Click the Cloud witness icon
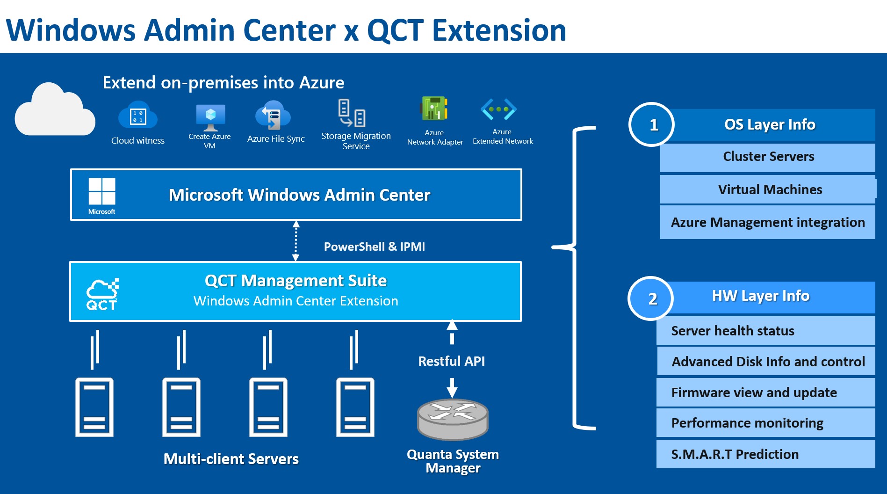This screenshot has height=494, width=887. pos(137,115)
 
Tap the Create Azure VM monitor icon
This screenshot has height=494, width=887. pos(210,117)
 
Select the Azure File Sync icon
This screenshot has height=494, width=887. pos(273,115)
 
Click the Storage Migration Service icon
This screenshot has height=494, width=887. pos(352,113)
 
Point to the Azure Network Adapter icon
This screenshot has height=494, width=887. pos(434,109)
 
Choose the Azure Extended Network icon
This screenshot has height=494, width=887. pos(498,109)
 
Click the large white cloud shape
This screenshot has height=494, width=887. pos(54,110)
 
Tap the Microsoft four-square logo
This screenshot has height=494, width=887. pos(102,191)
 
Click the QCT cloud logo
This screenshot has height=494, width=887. pos(102,294)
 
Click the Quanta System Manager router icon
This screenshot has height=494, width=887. pos(452,419)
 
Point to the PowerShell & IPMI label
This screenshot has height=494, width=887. pos(374,247)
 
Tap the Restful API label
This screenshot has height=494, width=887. pos(451,361)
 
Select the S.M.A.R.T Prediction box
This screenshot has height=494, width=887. pos(765,454)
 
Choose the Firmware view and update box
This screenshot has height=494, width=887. pos(765,392)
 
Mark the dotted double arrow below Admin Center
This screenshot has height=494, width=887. pos(296,241)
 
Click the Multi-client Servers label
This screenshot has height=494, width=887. pos(231,459)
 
